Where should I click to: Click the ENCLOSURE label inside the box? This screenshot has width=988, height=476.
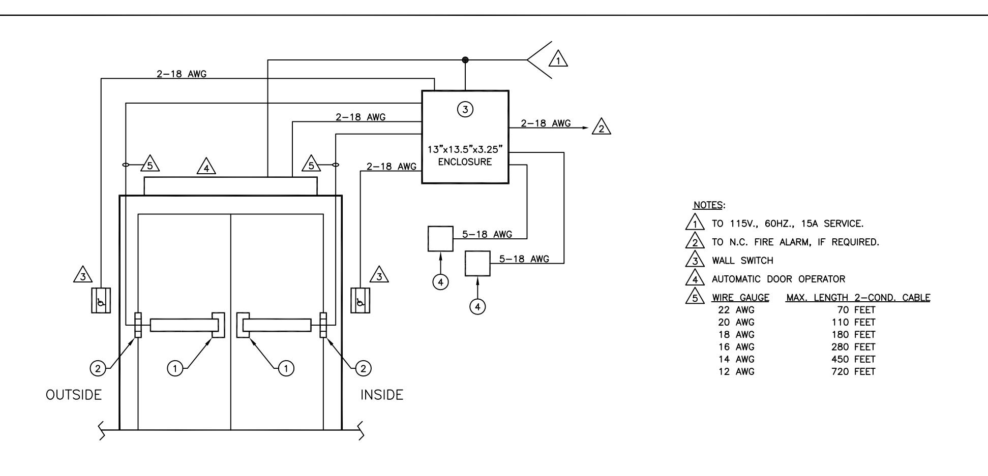(x=465, y=162)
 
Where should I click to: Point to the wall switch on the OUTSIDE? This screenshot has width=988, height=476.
(x=101, y=300)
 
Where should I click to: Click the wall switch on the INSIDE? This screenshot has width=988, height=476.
(x=361, y=300)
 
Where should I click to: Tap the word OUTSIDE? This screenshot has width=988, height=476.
(x=74, y=395)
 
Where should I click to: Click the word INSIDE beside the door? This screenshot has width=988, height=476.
(x=382, y=395)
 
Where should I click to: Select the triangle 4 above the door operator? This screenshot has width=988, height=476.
(x=206, y=166)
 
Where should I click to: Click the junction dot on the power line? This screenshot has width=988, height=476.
(x=465, y=60)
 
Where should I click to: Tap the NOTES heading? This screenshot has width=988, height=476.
(x=708, y=206)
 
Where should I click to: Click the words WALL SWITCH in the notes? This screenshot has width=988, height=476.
(x=742, y=261)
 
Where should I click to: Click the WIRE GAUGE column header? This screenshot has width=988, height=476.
(x=740, y=298)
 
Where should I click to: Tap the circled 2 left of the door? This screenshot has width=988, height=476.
(x=98, y=368)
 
